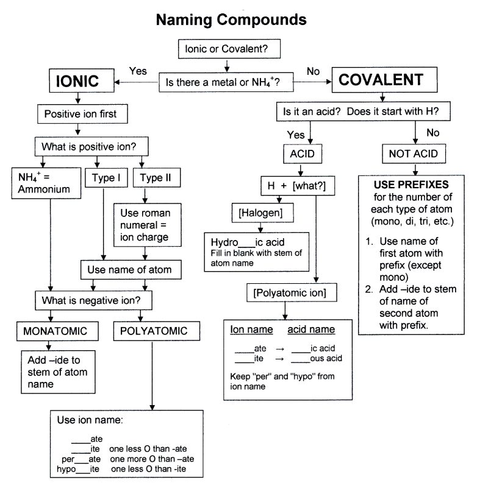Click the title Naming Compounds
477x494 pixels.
coord(231,19)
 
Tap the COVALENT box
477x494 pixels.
coord(381,80)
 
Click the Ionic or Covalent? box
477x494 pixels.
coord(226,49)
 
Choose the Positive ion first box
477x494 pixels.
coord(76,114)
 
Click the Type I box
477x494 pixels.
coord(106,178)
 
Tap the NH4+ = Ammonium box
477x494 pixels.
coord(44,183)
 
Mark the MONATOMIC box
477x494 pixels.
coord(56,331)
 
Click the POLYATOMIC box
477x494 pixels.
coord(150,331)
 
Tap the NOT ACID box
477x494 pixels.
coord(413,153)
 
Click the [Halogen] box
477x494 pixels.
coord(256,213)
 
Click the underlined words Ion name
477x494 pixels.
coord(251,330)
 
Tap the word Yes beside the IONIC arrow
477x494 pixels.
coord(138,71)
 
